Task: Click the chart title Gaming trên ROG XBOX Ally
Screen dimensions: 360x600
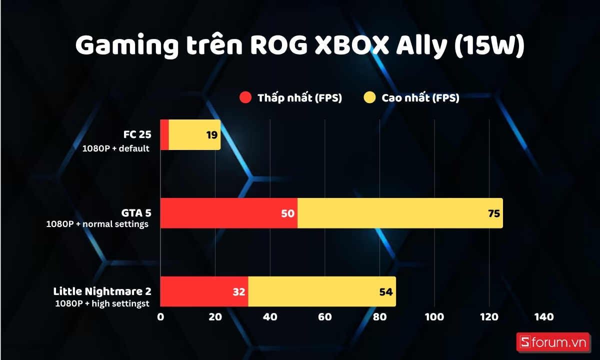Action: tap(300, 46)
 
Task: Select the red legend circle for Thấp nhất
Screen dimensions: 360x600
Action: tap(245, 98)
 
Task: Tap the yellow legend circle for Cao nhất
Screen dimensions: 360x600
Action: tap(369, 98)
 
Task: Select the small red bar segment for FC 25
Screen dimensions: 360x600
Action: tap(164, 135)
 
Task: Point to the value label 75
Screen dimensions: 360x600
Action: tap(493, 213)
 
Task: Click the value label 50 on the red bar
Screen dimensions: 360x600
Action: tap(288, 213)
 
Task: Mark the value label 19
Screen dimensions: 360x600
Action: tap(211, 135)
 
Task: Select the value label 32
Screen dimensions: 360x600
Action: tap(238, 291)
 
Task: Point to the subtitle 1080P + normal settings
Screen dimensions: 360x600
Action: tap(97, 224)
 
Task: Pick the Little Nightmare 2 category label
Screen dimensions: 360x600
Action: tap(102, 291)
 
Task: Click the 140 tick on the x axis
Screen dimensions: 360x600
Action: tap(543, 317)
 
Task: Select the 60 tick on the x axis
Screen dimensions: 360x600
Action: tap(324, 317)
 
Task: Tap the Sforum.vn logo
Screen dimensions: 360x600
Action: tap(553, 342)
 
